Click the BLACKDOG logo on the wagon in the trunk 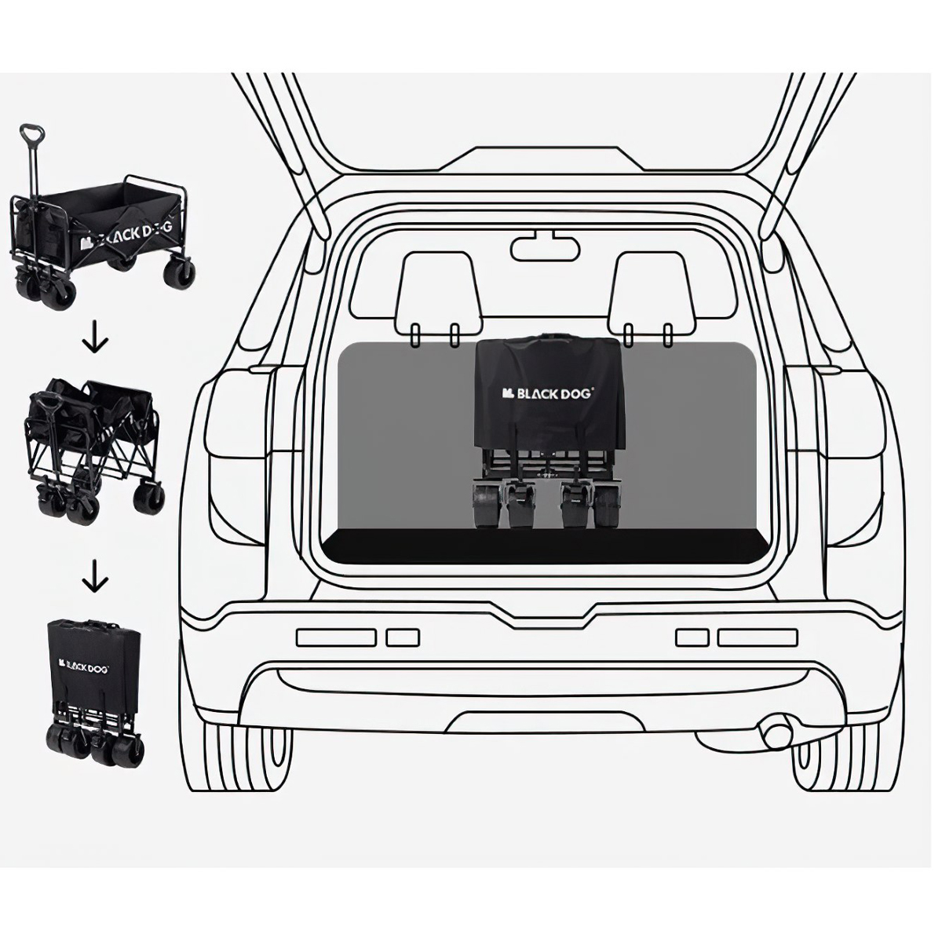click(547, 393)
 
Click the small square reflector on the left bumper click(403, 637)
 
